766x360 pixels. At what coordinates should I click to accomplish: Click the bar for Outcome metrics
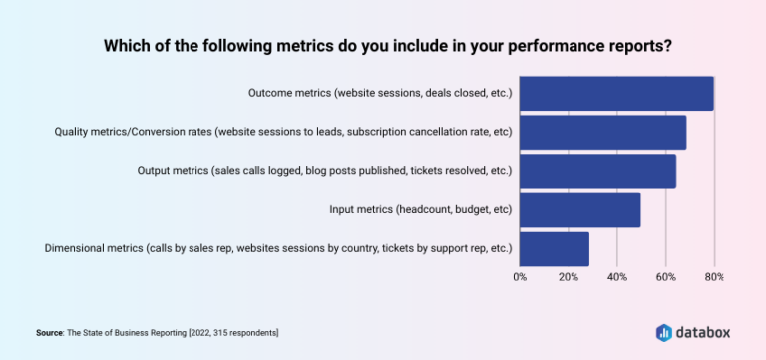point(616,93)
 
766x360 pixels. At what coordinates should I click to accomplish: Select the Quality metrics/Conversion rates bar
point(602,132)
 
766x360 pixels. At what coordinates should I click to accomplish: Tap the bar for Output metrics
point(597,171)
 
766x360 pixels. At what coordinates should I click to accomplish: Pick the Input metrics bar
point(579,209)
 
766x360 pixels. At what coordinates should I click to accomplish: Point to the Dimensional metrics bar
point(554,248)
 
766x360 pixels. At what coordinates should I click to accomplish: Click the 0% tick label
point(520,276)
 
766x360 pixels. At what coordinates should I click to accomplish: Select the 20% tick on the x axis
point(569,276)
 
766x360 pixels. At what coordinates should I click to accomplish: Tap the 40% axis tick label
point(617,276)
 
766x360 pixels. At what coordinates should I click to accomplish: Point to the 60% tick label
point(666,276)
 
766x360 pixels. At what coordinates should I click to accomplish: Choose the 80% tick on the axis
point(714,276)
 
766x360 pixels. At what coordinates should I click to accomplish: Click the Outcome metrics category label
point(379,93)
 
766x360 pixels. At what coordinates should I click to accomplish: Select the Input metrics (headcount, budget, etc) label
point(420,209)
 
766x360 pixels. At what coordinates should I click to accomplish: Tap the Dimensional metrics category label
point(278,248)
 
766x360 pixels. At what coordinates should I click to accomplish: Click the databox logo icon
point(665,331)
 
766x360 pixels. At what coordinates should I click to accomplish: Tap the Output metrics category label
point(324,171)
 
